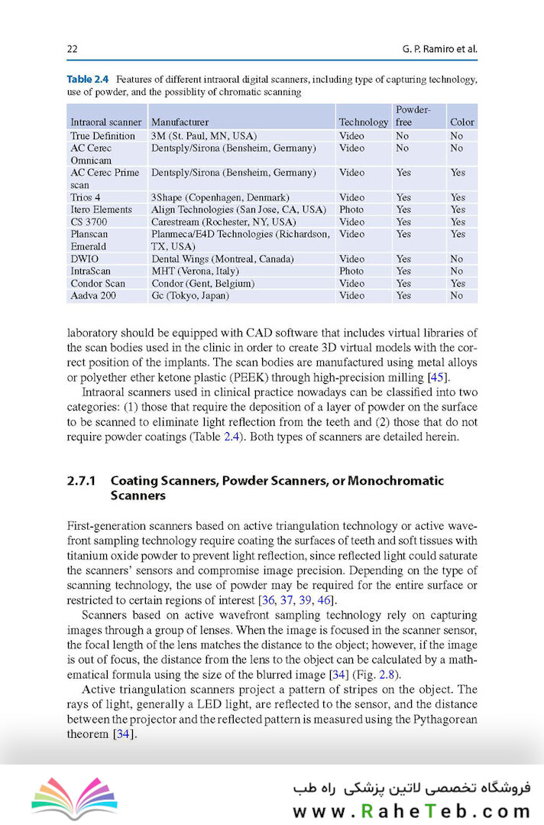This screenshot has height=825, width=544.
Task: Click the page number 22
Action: (x=73, y=50)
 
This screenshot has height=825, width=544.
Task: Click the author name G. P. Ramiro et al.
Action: (x=439, y=50)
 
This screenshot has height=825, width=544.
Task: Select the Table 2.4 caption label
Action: (x=88, y=80)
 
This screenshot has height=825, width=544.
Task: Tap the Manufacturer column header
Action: (x=180, y=122)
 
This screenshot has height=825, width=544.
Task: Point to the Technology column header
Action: (x=363, y=122)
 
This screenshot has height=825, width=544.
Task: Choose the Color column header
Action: (x=461, y=122)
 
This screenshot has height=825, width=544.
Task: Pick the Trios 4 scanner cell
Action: (x=86, y=197)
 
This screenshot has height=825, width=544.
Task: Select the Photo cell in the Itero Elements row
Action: (x=351, y=209)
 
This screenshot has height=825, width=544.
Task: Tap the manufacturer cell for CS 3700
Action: (x=223, y=222)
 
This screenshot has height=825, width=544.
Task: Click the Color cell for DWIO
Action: (x=457, y=258)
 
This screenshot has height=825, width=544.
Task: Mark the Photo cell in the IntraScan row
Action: (x=351, y=271)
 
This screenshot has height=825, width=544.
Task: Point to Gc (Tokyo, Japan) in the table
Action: (x=190, y=295)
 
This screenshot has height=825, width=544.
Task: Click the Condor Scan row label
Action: (x=98, y=283)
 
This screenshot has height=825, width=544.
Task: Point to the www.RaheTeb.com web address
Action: (x=412, y=810)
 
